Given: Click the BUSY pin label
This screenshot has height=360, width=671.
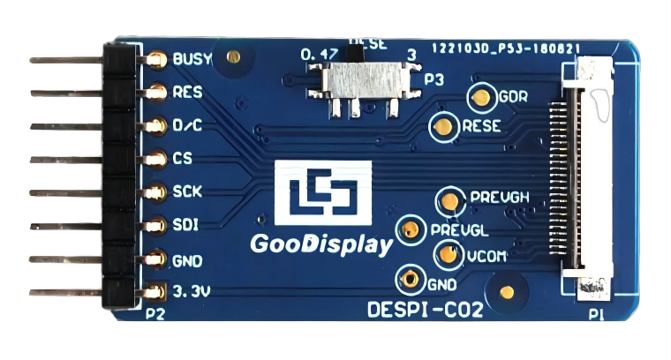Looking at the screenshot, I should pyautogui.click(x=192, y=60).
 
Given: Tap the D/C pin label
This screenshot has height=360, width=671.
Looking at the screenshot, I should pyautogui.click(x=187, y=125).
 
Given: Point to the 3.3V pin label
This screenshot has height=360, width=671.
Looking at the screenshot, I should pyautogui.click(x=192, y=290).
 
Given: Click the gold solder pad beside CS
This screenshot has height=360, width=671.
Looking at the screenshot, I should pyautogui.click(x=156, y=159).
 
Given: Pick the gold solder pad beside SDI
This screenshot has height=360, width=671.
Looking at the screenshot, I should pyautogui.click(x=156, y=225).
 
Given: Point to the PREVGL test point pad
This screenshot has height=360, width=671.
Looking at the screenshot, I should pyautogui.click(x=410, y=230).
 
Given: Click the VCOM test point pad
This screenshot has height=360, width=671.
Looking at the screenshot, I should pyautogui.click(x=446, y=256).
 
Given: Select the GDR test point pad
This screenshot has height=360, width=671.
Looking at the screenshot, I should pyautogui.click(x=482, y=97).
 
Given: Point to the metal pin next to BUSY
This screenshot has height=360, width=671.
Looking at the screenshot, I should pyautogui.click(x=66, y=60).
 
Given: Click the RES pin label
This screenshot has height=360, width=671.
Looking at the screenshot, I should pyautogui.click(x=187, y=92).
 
